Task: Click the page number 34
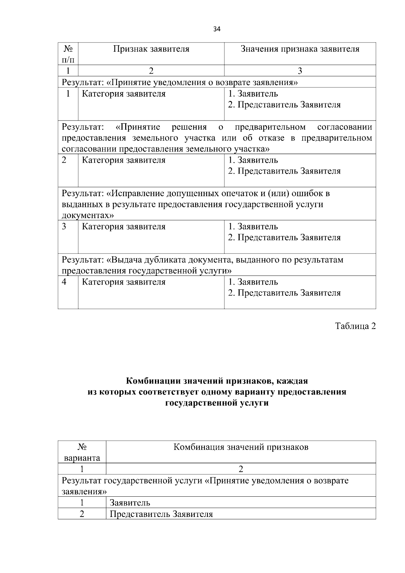[x=217, y=29]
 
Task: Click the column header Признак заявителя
[x=151, y=49]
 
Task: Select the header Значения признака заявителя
[x=300, y=49]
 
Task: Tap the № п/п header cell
[x=68, y=54]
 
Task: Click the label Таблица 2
[x=355, y=326]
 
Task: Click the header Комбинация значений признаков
[x=241, y=447]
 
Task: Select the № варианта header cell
[x=82, y=452]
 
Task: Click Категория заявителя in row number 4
[x=124, y=282]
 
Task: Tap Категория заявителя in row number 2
[x=124, y=160]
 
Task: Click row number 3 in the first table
[x=64, y=226]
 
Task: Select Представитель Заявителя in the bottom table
[x=161, y=514]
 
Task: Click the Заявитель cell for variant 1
[x=130, y=503]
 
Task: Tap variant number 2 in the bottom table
[x=82, y=514]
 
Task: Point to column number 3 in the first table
[x=300, y=71]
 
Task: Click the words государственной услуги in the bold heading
[x=217, y=403]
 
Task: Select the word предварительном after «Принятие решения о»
[x=270, y=127]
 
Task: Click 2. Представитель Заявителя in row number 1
[x=284, y=105]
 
